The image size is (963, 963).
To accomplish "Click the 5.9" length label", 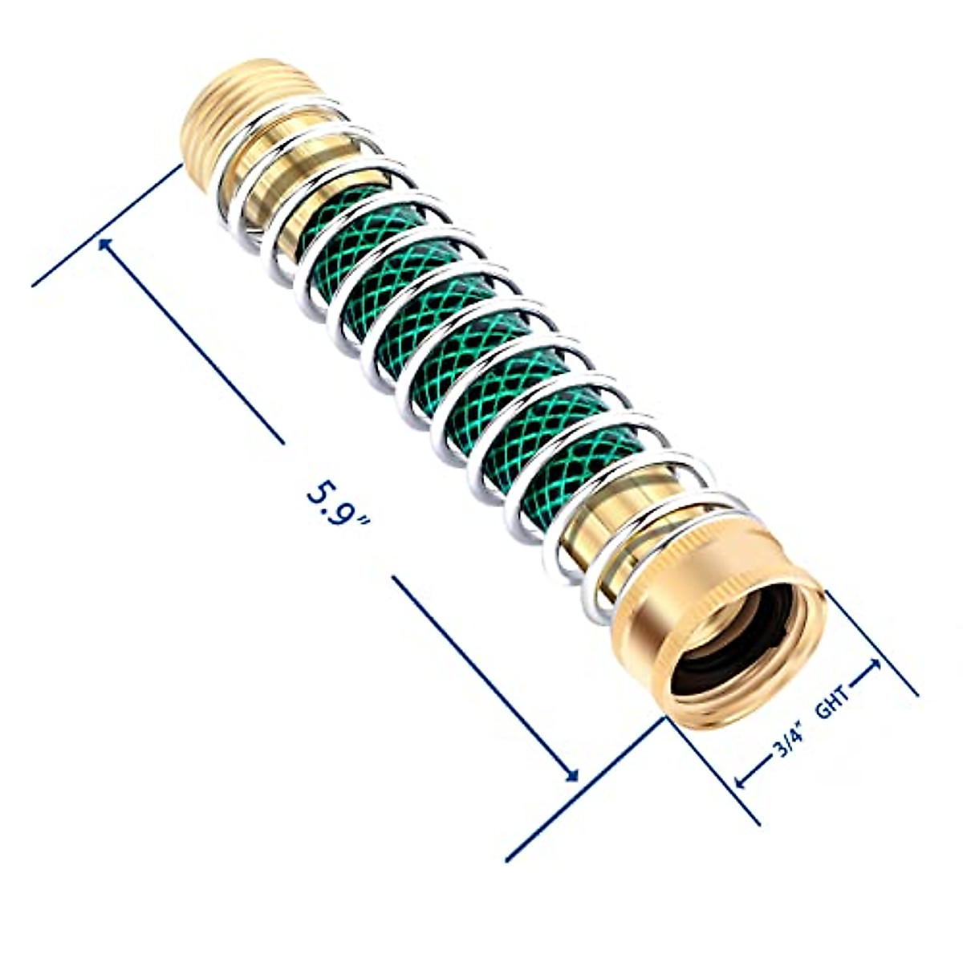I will tap(337, 506).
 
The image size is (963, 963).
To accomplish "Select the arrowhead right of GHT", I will tap(876, 664).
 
